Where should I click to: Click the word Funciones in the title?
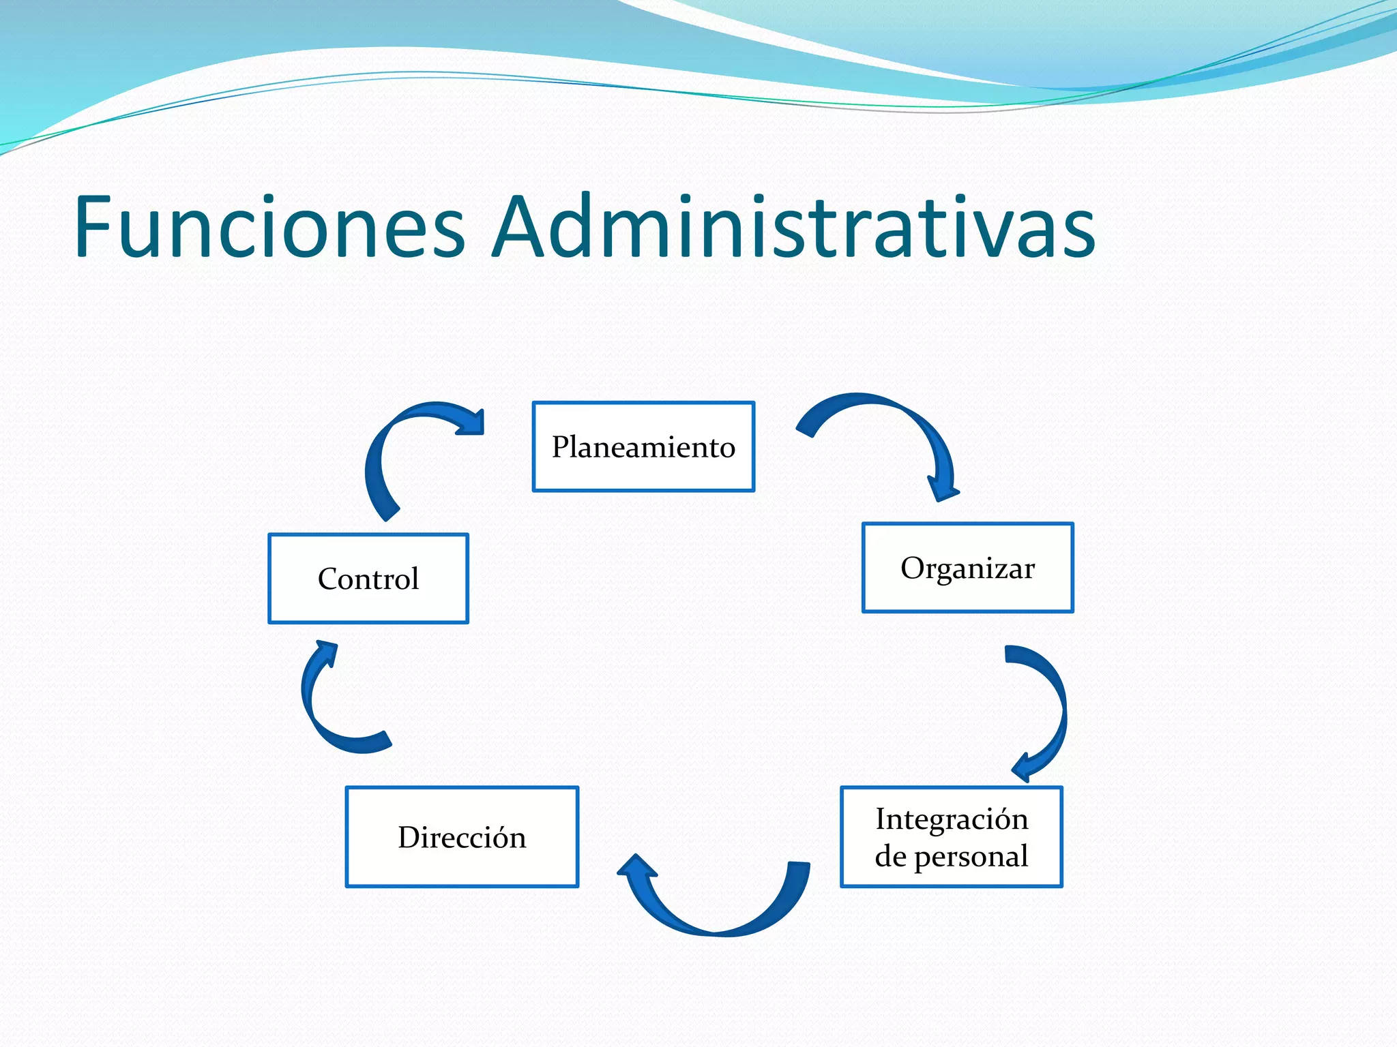coord(269,227)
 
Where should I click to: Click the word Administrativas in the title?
coord(793,227)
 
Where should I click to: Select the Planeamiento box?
coord(643,446)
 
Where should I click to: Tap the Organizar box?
coord(967,568)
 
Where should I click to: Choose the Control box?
coord(368,579)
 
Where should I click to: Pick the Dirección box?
coord(462,837)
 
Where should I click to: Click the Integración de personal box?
coord(952,837)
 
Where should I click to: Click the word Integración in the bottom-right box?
coord(952,819)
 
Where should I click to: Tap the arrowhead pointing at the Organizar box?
coord(943,487)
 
